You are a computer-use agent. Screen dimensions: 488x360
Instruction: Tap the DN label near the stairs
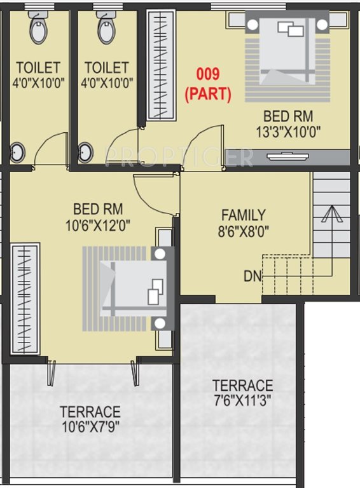click(251, 276)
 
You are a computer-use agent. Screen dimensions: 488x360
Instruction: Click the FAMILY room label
click(243, 215)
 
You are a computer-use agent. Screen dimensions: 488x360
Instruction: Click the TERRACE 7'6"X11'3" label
click(242, 393)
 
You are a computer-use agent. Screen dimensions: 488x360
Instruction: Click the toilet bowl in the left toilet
click(38, 28)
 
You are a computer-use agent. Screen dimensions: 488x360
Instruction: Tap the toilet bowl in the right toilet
click(107, 28)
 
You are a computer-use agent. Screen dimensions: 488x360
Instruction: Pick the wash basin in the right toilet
click(86, 152)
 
